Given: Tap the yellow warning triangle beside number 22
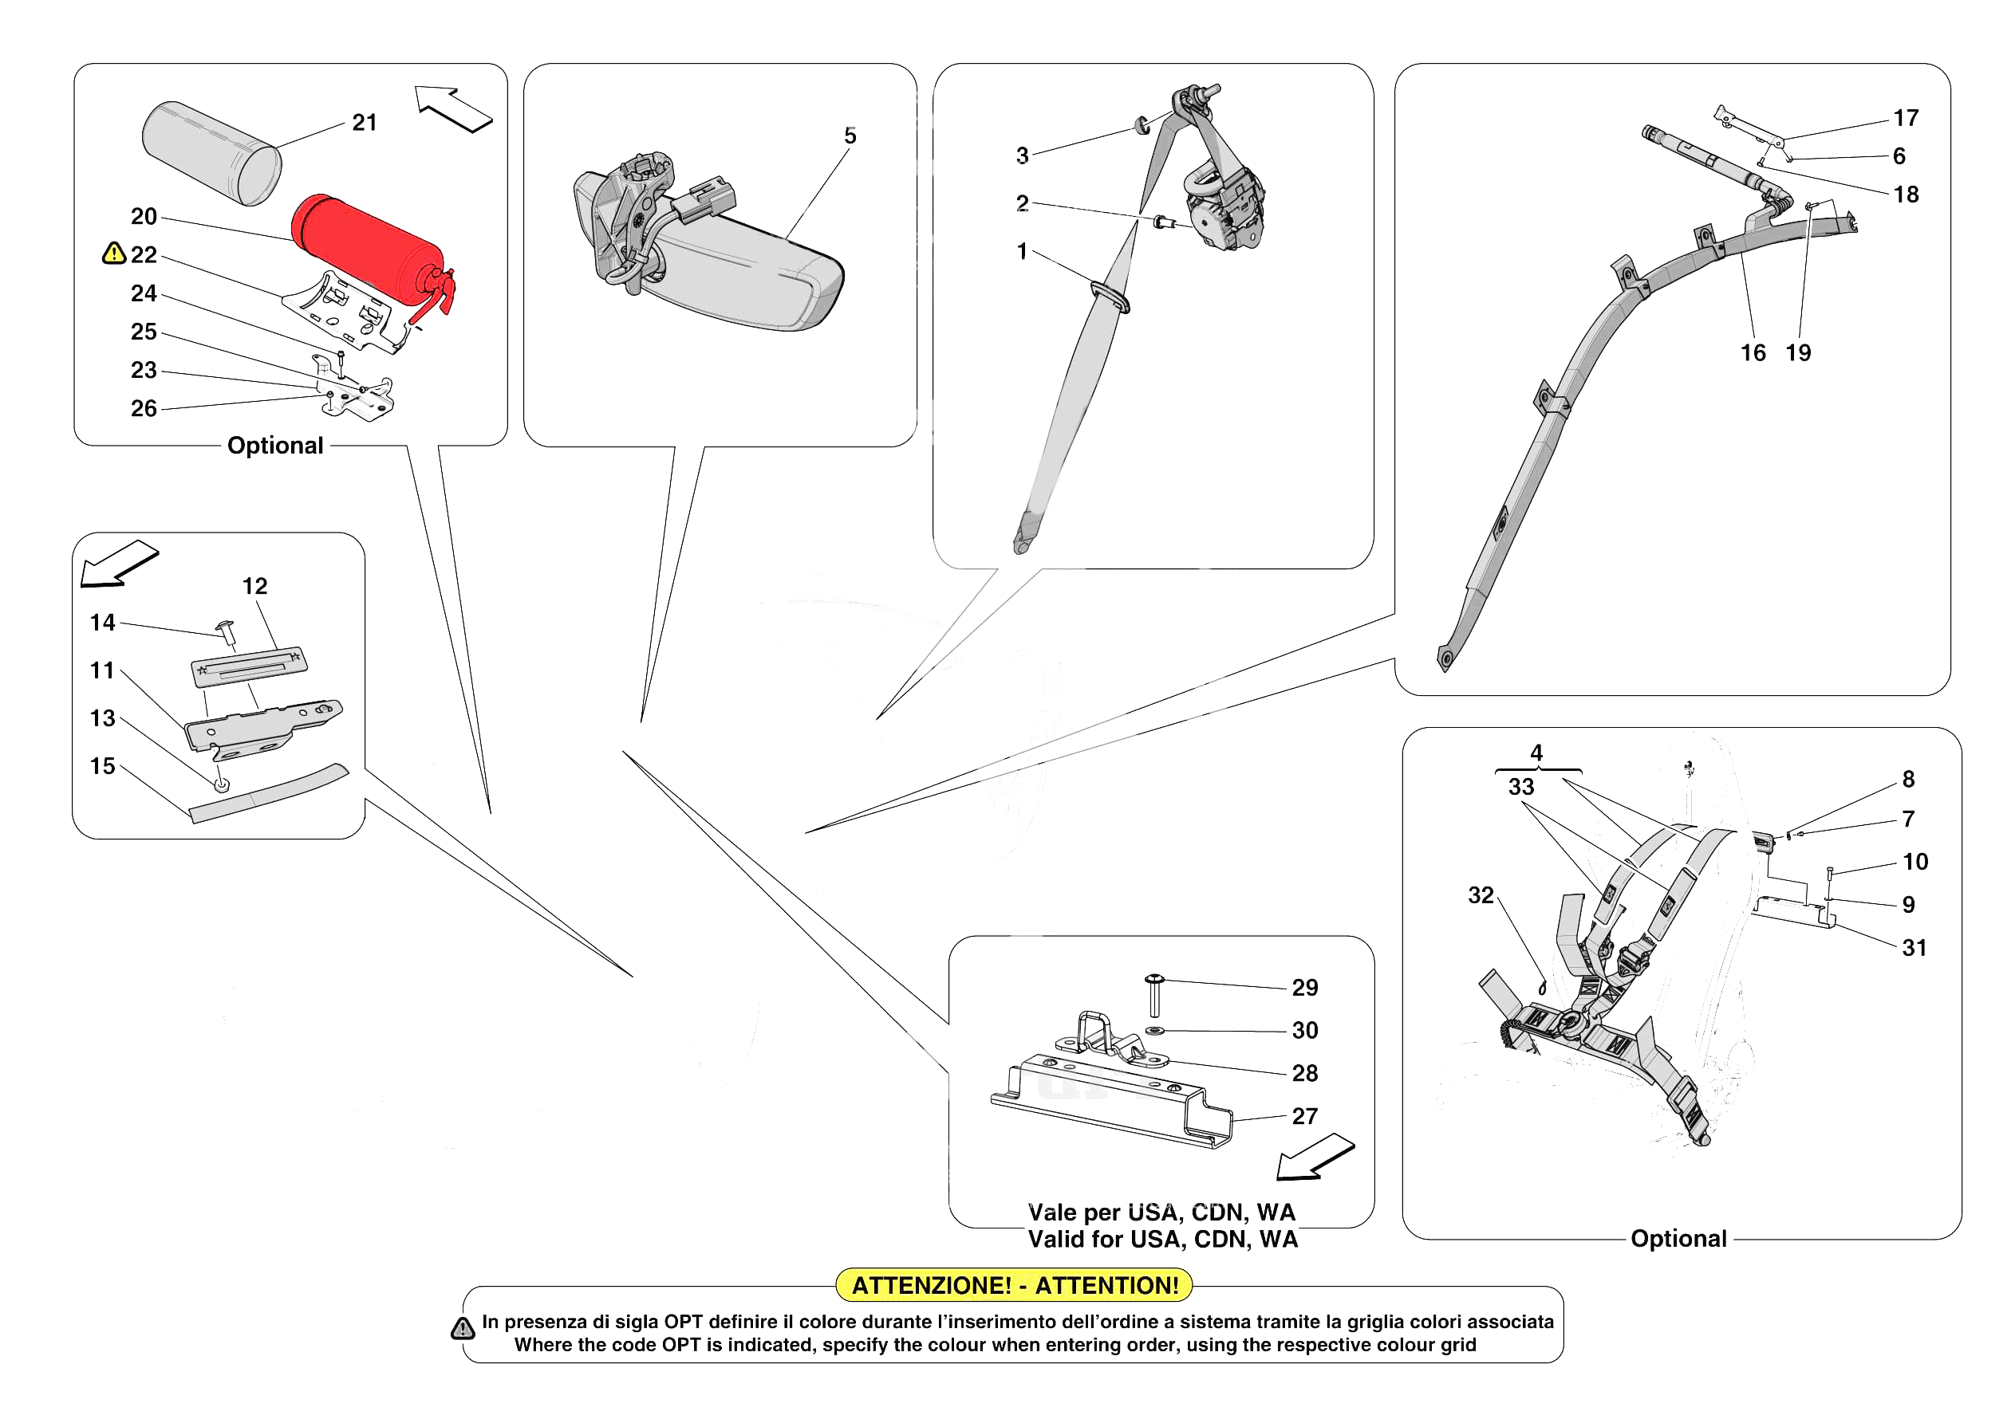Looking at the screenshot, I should point(113,254).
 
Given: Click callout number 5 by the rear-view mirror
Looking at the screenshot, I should point(850,136).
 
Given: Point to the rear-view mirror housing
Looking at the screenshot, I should point(746,277).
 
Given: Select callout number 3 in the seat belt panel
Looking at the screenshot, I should point(1023,155).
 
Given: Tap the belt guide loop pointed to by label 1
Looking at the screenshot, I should point(1110,297).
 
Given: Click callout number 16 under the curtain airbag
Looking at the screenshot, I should point(1753,352).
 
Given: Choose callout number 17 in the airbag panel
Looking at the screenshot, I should point(1905,117).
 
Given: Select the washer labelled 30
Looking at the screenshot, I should point(1155,1030).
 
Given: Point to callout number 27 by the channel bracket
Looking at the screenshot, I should point(1304,1116).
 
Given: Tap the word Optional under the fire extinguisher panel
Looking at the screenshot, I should point(274,446).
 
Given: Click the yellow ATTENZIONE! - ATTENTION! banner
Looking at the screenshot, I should point(1015,1285).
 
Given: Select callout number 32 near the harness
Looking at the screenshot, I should point(1481,895).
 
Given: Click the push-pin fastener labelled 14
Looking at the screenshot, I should point(226,631).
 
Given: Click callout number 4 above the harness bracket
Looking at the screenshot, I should point(1536,753).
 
